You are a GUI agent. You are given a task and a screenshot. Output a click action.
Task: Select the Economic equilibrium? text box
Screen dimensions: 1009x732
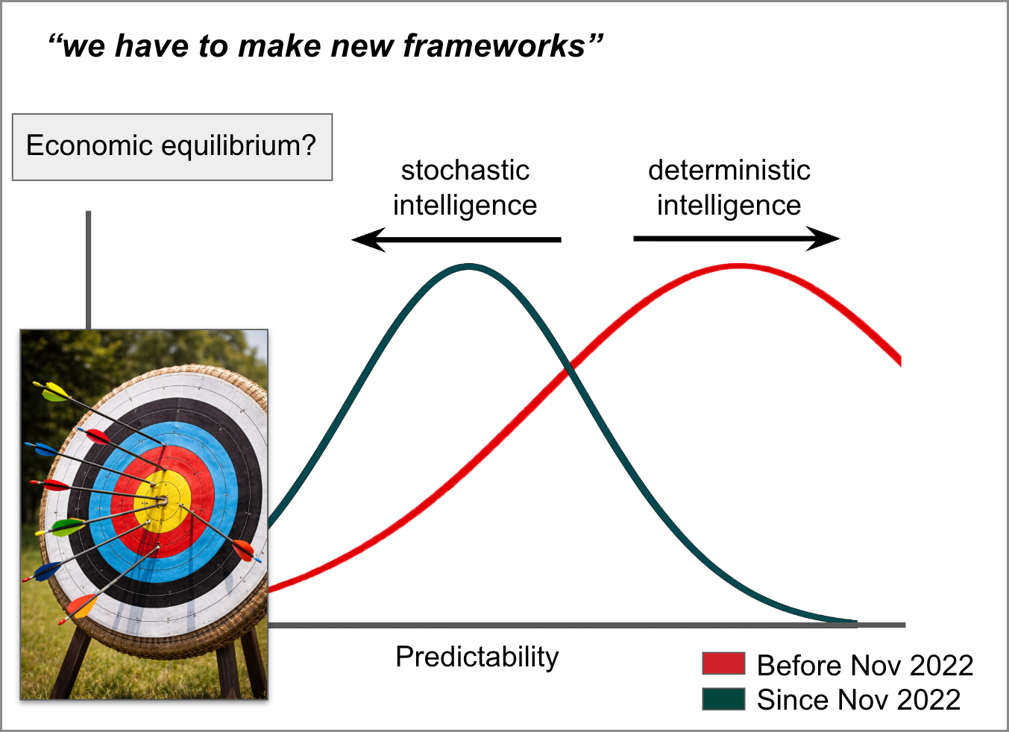point(172,147)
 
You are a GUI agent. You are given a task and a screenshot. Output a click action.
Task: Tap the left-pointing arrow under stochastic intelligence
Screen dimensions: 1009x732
point(456,239)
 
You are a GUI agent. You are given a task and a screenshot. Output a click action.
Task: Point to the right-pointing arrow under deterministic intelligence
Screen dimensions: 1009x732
point(737,239)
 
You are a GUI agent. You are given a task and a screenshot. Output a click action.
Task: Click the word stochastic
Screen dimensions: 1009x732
point(465,170)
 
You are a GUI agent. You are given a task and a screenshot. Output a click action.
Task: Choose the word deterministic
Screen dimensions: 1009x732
point(729,170)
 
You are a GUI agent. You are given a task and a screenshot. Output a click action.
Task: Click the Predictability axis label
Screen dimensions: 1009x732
point(477,657)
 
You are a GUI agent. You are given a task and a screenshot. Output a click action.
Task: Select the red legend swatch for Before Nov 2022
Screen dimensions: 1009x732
point(723,663)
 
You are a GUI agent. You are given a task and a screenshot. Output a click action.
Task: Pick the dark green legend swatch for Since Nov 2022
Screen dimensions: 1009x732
point(723,698)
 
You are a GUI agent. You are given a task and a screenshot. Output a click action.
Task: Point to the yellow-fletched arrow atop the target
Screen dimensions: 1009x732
point(99,413)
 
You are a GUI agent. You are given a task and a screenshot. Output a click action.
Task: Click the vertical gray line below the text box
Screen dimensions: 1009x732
point(88,270)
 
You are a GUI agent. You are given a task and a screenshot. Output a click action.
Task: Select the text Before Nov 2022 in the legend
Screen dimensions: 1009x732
point(865,665)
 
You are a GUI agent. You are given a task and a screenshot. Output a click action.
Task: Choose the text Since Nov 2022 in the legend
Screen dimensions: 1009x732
point(858,700)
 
